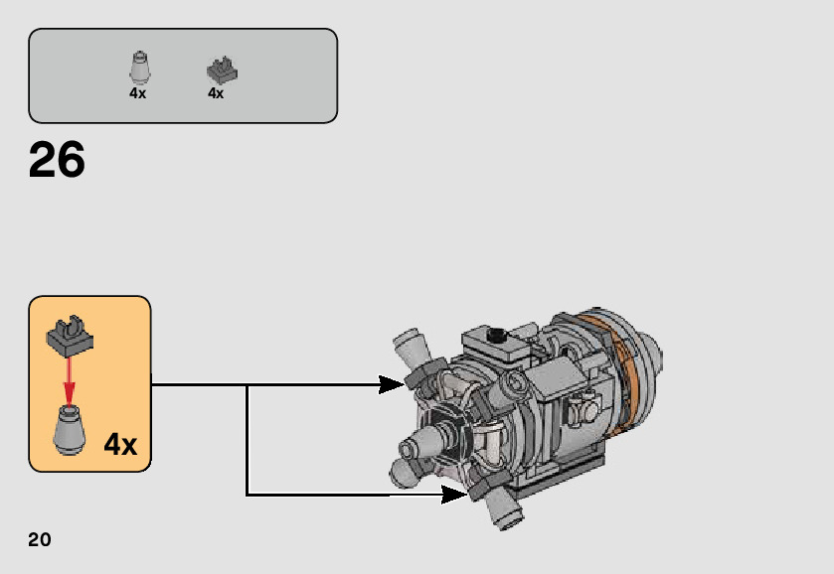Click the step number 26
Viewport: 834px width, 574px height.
(x=57, y=160)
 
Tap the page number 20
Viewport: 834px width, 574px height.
(x=40, y=540)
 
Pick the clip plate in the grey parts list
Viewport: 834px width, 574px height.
(x=221, y=71)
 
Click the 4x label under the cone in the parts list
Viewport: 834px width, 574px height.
(x=137, y=93)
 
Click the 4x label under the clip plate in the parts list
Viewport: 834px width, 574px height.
(x=216, y=93)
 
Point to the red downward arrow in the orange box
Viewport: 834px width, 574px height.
(x=70, y=377)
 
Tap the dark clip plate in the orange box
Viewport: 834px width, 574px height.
(x=70, y=335)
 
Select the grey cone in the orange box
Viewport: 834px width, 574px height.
(x=70, y=431)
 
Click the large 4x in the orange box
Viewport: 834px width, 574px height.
(x=120, y=445)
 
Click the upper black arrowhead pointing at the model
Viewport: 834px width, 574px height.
(x=393, y=384)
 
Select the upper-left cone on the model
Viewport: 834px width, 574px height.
(x=409, y=350)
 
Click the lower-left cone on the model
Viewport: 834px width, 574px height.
(x=405, y=473)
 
